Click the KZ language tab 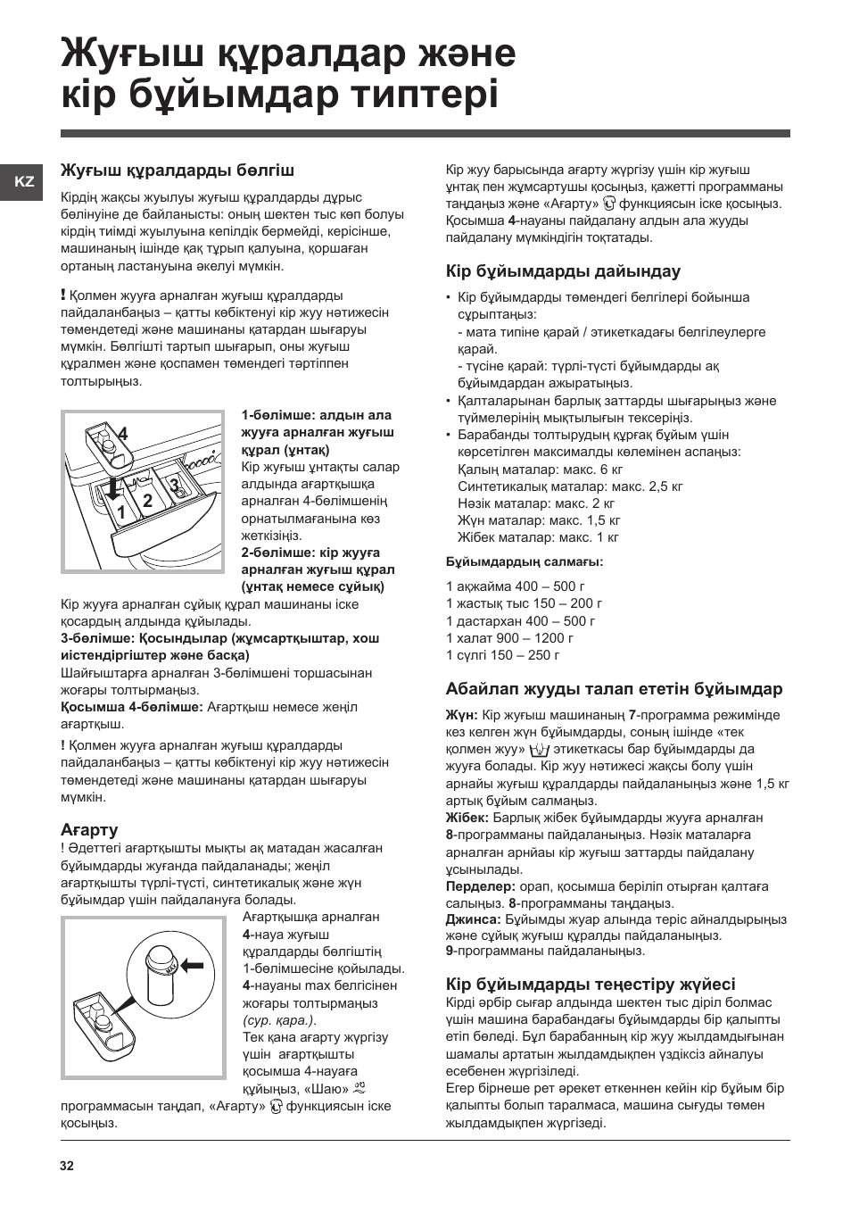click(x=25, y=181)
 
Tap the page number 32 click(x=68, y=1167)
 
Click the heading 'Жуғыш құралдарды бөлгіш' click(x=177, y=170)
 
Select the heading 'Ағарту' click(x=89, y=829)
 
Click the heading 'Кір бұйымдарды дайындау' click(x=563, y=271)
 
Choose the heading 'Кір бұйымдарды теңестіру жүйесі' click(x=591, y=984)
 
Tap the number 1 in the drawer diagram click(x=120, y=511)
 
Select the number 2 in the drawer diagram click(x=148, y=501)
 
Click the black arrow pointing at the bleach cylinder click(x=191, y=964)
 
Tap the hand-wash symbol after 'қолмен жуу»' click(x=540, y=750)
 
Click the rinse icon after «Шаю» click(x=359, y=1089)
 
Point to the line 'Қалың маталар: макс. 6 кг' click(x=540, y=470)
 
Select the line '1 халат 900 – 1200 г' click(x=509, y=638)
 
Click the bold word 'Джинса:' click(x=473, y=918)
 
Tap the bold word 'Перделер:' click(x=480, y=886)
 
